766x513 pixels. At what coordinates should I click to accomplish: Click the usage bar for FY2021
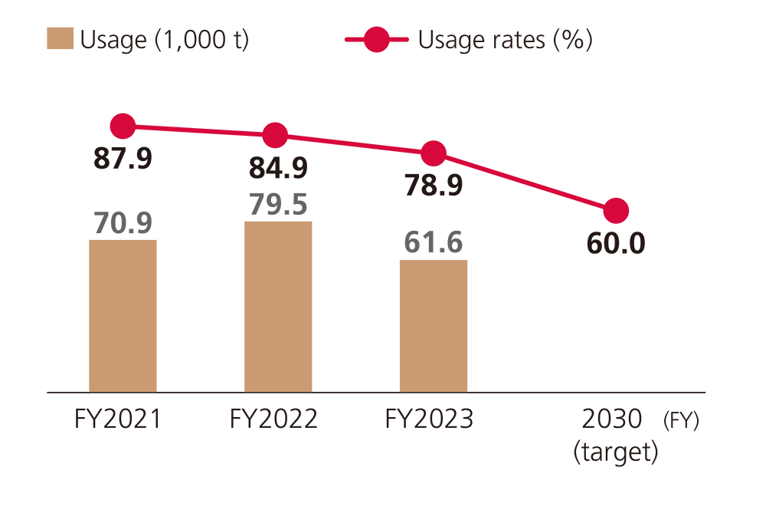coord(123,316)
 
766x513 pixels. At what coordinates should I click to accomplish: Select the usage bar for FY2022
coord(278,307)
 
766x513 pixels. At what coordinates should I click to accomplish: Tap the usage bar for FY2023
coord(434,326)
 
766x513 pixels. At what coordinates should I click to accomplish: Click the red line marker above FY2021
coord(123,127)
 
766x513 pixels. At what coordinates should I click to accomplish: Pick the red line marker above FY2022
coord(275,136)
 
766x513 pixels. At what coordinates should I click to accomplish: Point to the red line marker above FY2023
coord(434,153)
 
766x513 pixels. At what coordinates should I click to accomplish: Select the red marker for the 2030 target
coord(616,210)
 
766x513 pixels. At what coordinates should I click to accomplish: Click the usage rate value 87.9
coord(123,159)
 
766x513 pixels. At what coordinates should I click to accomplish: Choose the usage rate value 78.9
coord(433,185)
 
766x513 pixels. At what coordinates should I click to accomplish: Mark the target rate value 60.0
coord(616,243)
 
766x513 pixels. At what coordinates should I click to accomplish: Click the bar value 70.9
coord(123,222)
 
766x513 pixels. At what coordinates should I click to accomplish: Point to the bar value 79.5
coord(278,204)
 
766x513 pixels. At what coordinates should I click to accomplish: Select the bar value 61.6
coord(434,242)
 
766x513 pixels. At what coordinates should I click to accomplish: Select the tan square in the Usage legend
coord(60,39)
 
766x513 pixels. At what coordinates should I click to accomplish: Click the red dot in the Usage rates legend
coord(377,39)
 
